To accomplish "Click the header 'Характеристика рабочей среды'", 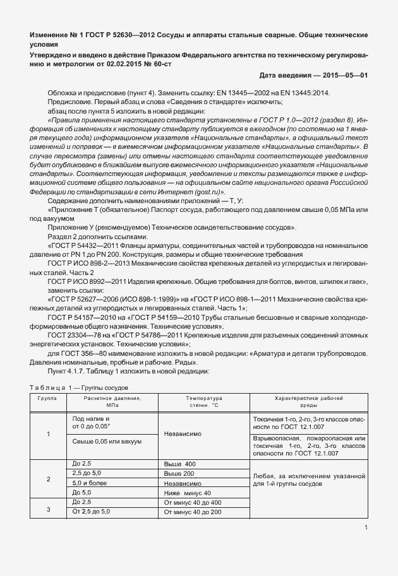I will [x=309, y=403].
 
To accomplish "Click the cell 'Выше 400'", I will [x=179, y=464].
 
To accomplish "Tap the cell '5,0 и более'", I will [x=91, y=483].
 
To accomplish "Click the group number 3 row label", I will [x=49, y=507].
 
